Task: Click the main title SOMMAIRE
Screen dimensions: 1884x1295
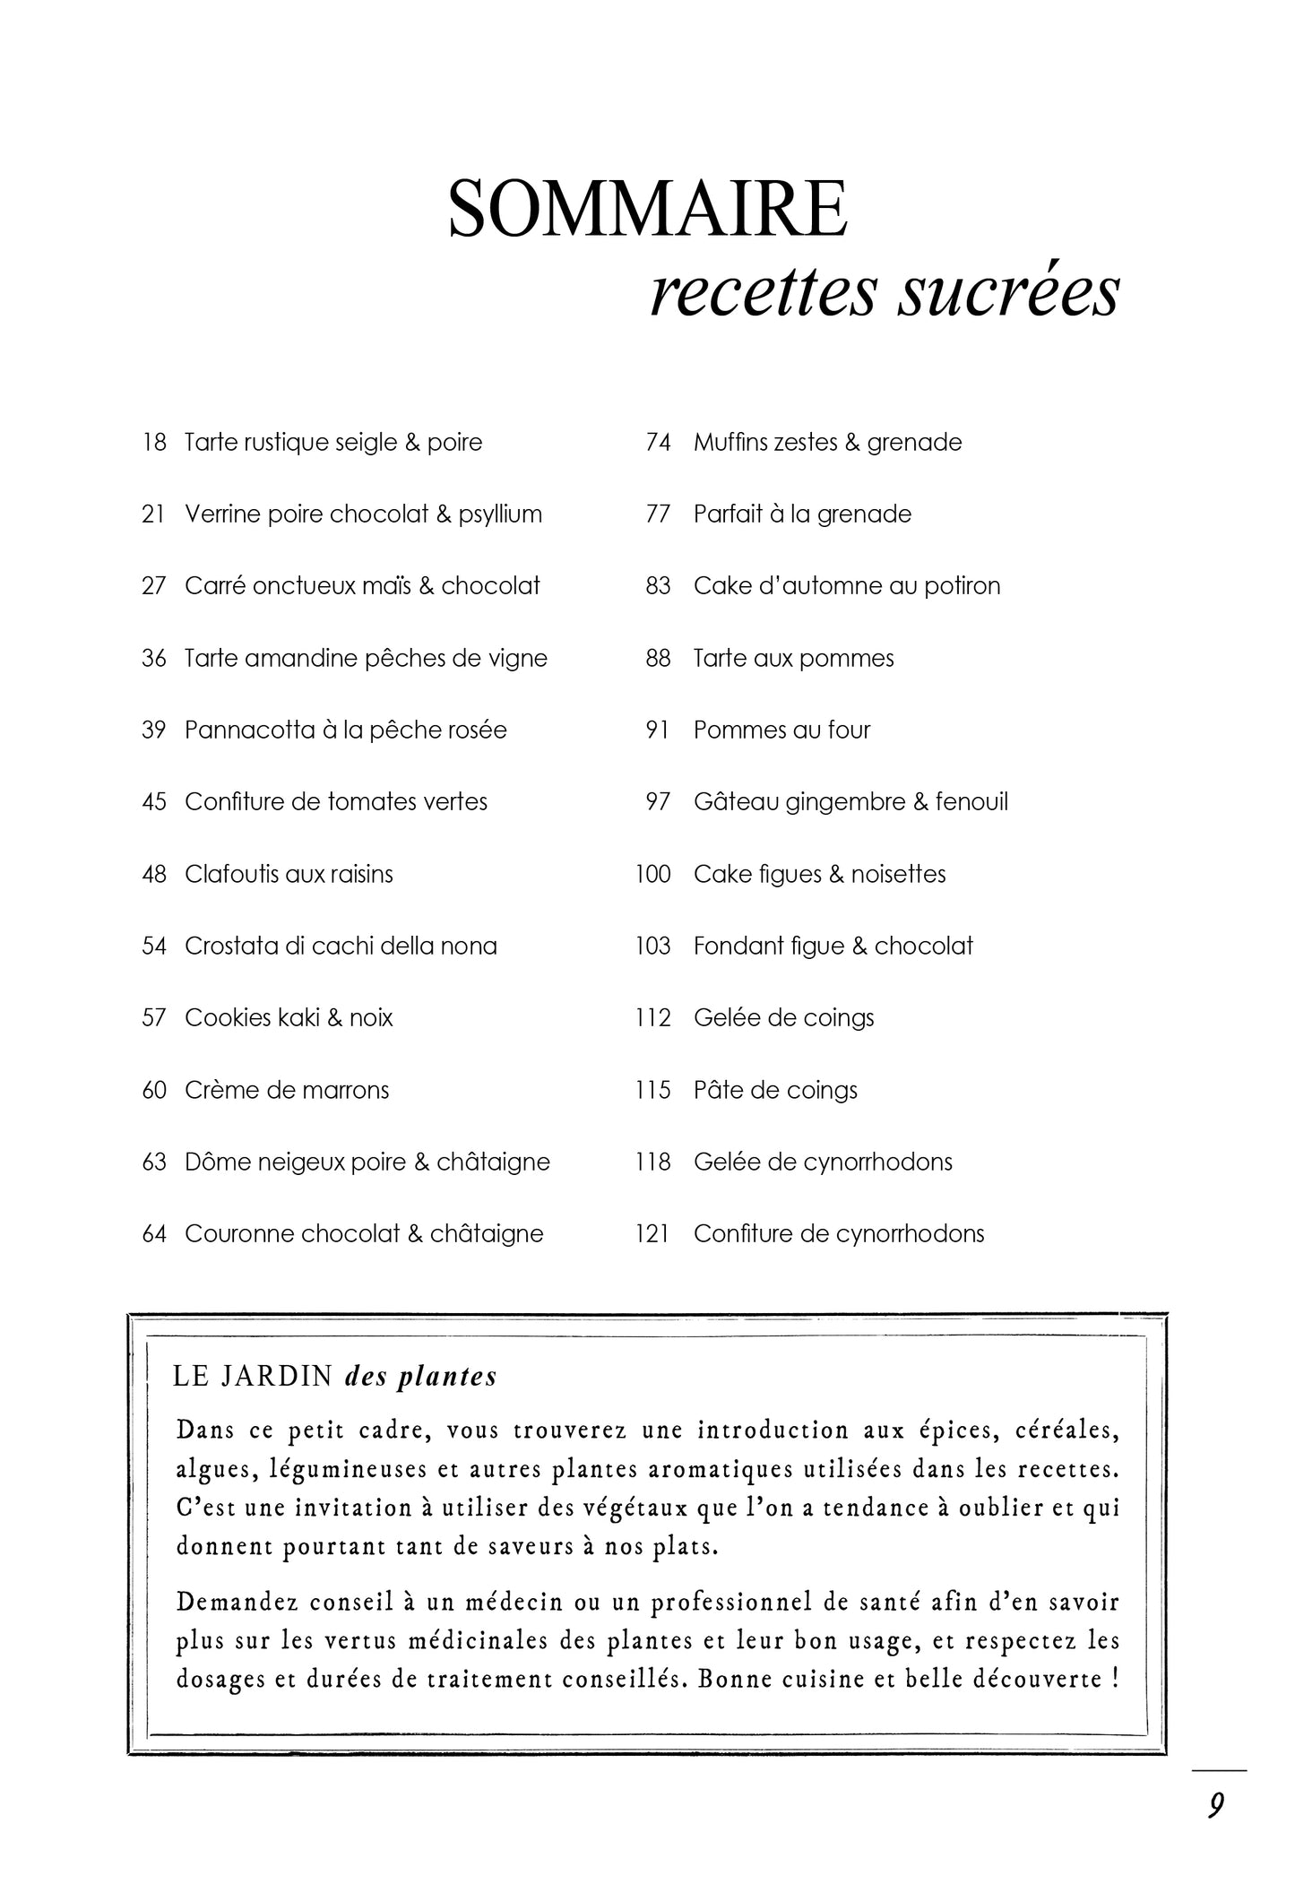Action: pyautogui.click(x=647, y=209)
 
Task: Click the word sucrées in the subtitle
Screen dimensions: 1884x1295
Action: pyautogui.click(x=1008, y=293)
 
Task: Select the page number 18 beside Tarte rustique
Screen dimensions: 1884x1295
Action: pyautogui.click(x=154, y=443)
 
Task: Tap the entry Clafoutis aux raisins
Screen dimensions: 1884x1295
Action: pyautogui.click(x=289, y=874)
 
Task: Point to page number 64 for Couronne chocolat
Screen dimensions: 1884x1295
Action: pyautogui.click(x=154, y=1234)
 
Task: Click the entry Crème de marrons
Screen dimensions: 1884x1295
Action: pyautogui.click(x=287, y=1090)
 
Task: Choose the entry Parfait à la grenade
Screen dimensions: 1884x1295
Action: pyautogui.click(x=802, y=514)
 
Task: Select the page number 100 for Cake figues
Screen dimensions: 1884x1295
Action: pyautogui.click(x=653, y=874)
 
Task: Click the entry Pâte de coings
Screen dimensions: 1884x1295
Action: pyautogui.click(x=775, y=1090)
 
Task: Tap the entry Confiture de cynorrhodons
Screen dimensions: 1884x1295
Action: pyautogui.click(x=839, y=1234)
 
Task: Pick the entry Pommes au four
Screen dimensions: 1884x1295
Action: pyautogui.click(x=781, y=730)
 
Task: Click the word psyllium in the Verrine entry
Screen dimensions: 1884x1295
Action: pyautogui.click(x=500, y=514)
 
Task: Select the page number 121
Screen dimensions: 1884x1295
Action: pyautogui.click(x=653, y=1234)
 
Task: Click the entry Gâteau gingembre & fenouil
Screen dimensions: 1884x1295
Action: pyautogui.click(x=850, y=802)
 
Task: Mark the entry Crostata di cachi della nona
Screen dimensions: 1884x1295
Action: pyautogui.click(x=341, y=946)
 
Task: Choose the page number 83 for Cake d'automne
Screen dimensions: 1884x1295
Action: pyautogui.click(x=658, y=586)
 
